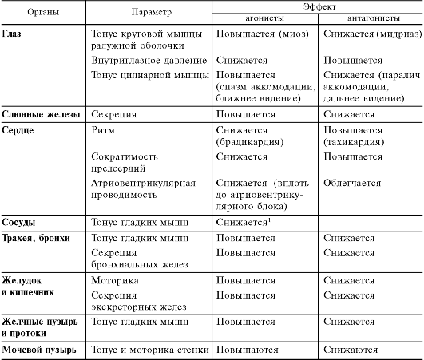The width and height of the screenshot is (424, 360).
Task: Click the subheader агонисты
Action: click(264, 18)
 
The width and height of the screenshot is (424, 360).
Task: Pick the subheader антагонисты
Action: click(370, 18)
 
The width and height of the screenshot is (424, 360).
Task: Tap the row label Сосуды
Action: click(22, 221)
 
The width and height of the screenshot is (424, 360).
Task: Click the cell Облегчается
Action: click(352, 182)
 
